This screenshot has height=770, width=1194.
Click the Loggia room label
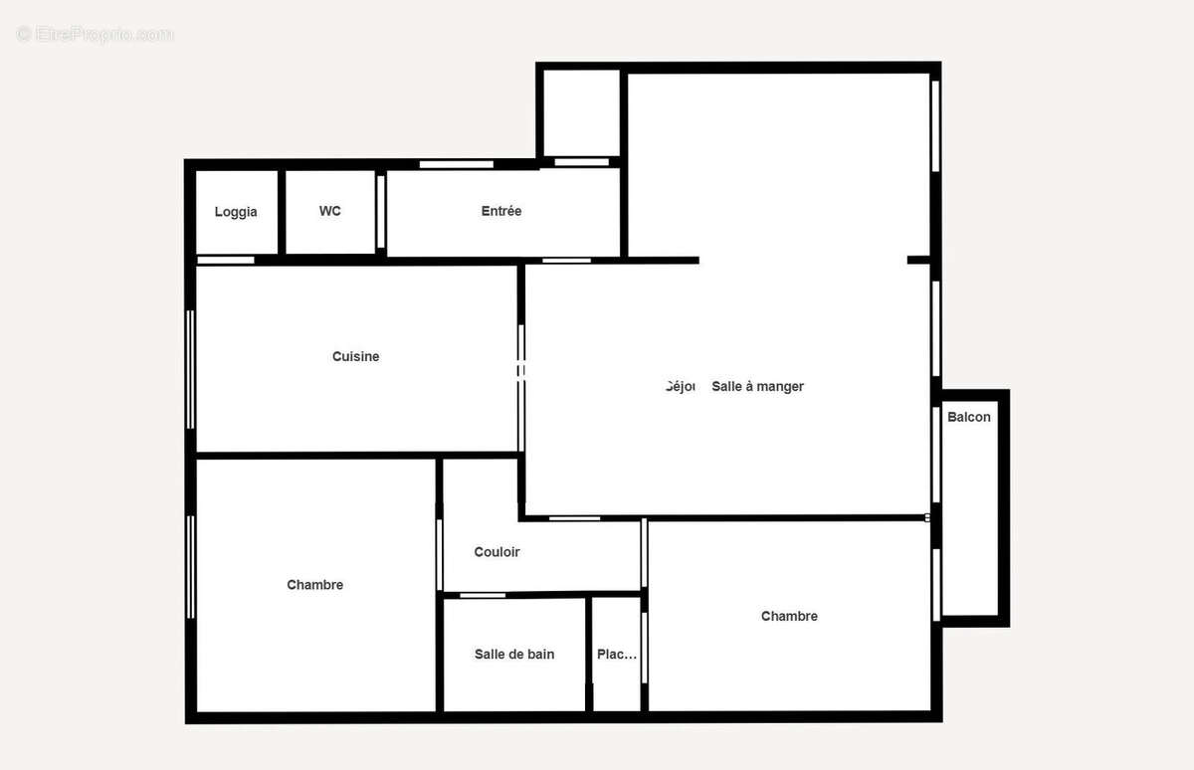tap(236, 212)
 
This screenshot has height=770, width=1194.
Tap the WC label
tap(329, 211)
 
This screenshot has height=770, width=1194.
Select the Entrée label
tap(501, 211)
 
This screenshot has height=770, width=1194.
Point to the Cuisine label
tap(355, 356)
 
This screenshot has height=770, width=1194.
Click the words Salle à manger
tap(757, 386)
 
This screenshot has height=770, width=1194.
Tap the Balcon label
tap(968, 417)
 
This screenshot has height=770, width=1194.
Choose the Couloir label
tap(497, 552)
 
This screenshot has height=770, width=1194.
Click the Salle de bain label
tap(514, 654)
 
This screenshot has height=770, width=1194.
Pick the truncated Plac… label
tap(616, 654)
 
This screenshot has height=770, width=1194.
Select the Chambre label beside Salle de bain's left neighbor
tap(314, 585)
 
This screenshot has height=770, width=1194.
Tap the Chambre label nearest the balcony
tap(789, 616)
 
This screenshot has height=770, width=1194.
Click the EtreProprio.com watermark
tap(96, 35)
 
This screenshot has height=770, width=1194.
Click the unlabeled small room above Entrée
tap(581, 112)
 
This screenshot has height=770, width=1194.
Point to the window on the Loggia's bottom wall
tap(226, 261)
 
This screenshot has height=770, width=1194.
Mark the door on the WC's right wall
tap(380, 212)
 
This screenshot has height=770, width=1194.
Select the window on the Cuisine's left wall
tap(190, 369)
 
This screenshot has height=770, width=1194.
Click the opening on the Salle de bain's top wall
tap(483, 595)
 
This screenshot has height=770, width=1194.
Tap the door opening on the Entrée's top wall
tap(456, 164)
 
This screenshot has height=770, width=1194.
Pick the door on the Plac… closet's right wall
tap(644, 647)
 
